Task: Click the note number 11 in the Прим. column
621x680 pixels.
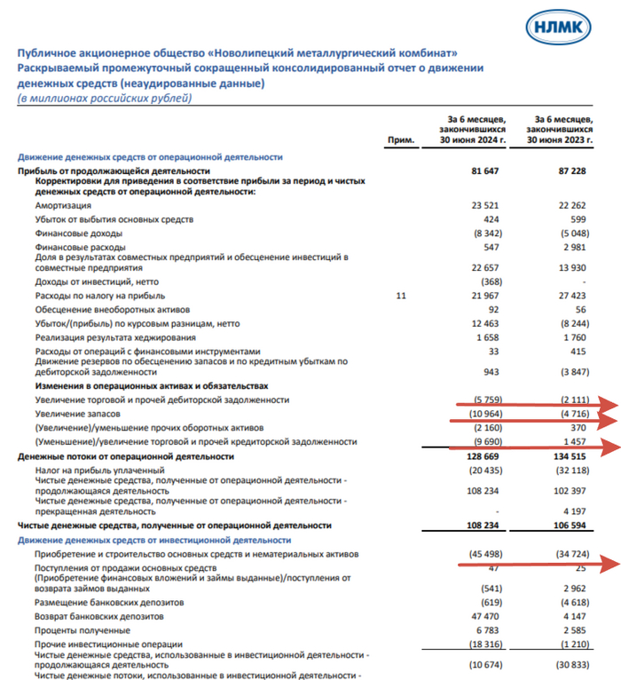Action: coord(401,295)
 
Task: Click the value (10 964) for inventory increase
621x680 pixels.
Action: coord(483,415)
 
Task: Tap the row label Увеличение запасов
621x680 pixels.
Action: coord(78,415)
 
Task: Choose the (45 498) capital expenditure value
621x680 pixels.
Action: coord(483,555)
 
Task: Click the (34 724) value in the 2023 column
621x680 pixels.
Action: coord(570,555)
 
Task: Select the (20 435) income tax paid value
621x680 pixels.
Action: coord(483,470)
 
